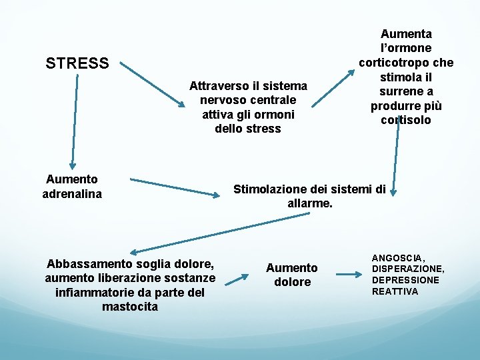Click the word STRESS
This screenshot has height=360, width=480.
[x=77, y=63]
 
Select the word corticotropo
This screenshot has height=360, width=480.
[x=391, y=63]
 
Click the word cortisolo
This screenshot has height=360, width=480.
[x=405, y=120]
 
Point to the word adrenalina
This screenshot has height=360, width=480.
[x=72, y=193]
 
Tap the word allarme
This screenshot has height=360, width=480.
[x=309, y=203]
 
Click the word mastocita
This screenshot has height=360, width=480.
[x=130, y=307]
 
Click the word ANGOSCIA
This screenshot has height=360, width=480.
[x=398, y=258]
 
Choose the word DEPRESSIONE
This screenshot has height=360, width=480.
[x=405, y=280]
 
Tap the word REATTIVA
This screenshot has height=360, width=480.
[x=395, y=291]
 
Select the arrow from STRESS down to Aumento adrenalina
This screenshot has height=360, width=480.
[x=75, y=120]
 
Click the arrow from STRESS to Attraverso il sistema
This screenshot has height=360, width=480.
[x=153, y=85]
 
